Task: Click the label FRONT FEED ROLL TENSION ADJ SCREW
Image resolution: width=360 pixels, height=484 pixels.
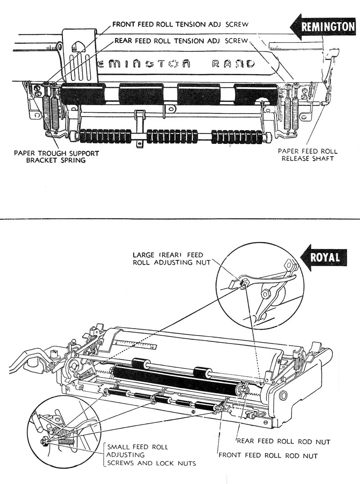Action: (180, 24)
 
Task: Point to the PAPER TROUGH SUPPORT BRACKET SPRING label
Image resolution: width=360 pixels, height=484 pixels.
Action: (56, 157)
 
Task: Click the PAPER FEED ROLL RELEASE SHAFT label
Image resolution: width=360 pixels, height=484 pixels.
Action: (308, 155)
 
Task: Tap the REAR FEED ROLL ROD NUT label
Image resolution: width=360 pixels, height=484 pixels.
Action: (283, 442)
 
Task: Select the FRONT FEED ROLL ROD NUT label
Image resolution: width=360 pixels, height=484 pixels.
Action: (268, 456)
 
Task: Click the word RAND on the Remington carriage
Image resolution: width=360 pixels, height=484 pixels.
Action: (232, 64)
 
